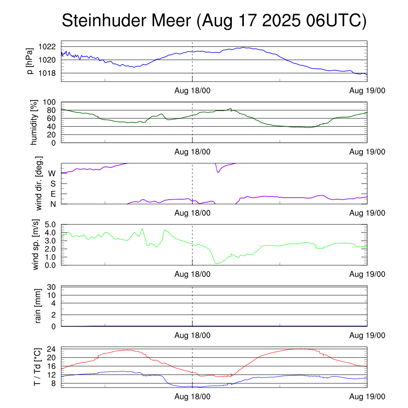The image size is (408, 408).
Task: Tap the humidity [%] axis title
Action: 34,122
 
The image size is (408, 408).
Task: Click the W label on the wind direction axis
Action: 52,173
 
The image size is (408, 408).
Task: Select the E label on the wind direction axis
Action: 53,194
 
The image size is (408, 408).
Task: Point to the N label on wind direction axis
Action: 53,204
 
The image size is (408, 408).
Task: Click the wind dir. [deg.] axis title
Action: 39,183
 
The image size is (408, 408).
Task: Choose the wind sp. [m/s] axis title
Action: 36,244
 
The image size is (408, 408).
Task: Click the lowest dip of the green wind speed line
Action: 216,263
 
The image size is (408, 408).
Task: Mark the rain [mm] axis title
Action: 39,306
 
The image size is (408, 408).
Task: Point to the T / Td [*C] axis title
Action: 37,367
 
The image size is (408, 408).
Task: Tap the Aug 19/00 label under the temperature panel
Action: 367,397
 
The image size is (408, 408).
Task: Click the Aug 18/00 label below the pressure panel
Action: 192,90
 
